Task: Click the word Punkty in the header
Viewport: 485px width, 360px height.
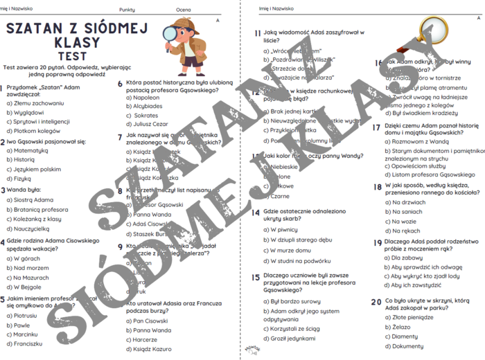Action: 127,10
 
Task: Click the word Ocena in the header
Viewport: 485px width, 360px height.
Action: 184,10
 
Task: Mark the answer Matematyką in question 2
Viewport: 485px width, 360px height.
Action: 30,150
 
